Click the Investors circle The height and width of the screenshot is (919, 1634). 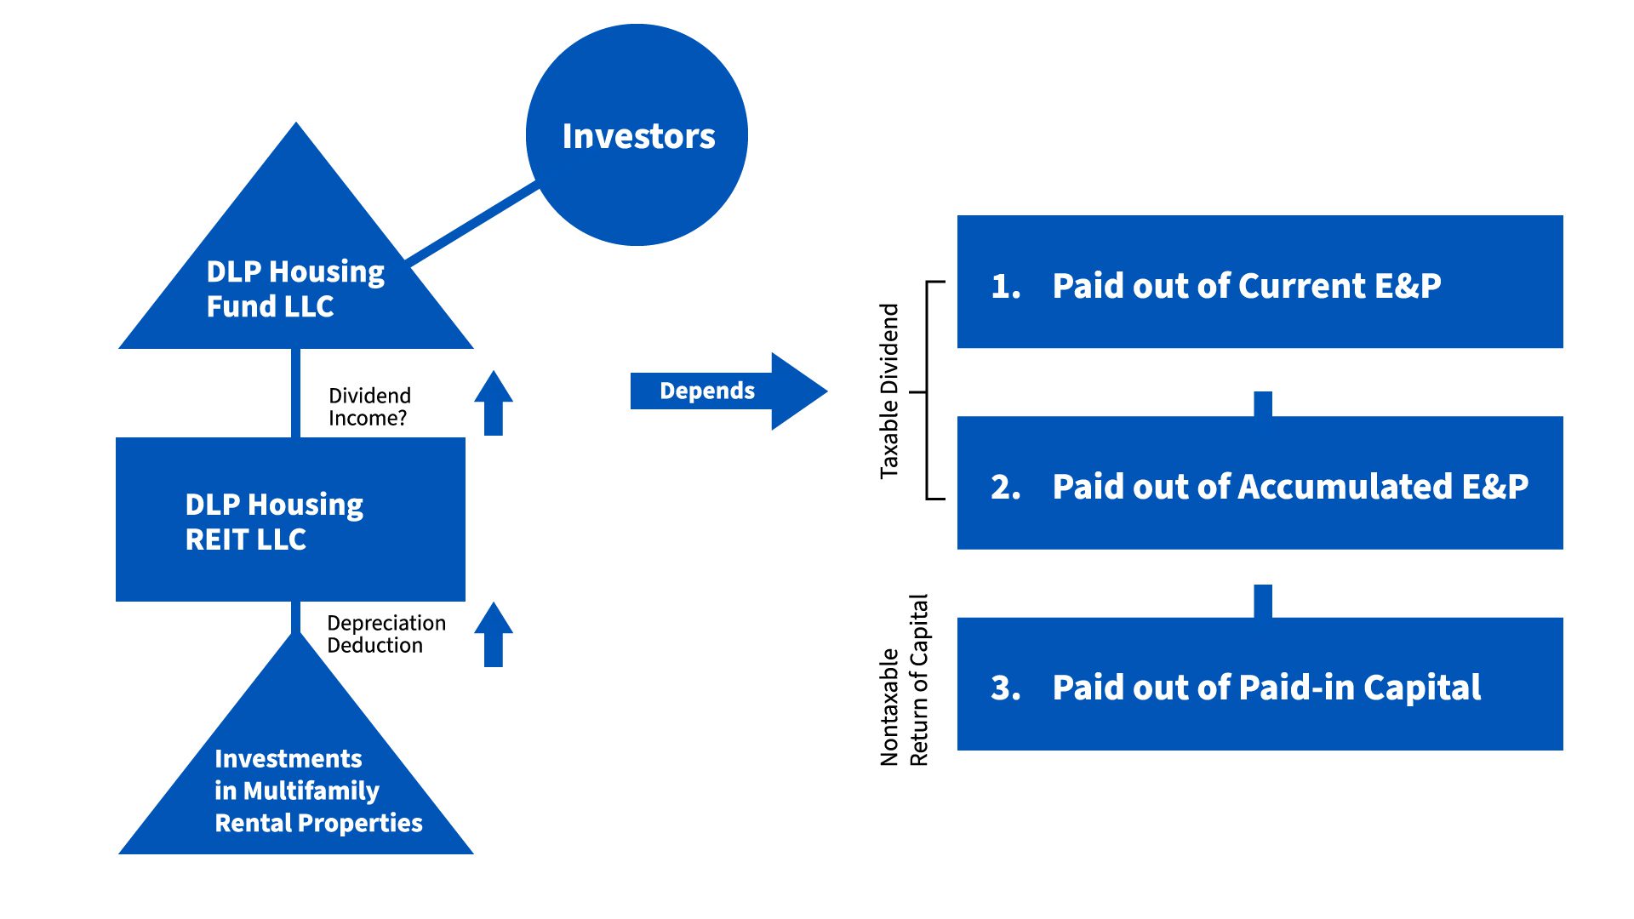[x=637, y=134]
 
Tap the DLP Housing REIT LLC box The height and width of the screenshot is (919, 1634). [x=290, y=519]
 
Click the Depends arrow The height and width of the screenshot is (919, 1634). [x=728, y=391]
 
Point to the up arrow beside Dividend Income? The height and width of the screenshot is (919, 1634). [x=494, y=403]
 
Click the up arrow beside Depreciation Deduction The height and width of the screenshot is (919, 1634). [x=494, y=635]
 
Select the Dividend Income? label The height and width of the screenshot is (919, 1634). [x=369, y=407]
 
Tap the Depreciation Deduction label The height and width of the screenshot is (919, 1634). [x=386, y=634]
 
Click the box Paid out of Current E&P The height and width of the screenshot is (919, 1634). [x=1260, y=282]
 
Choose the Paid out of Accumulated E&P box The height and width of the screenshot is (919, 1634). [x=1260, y=482]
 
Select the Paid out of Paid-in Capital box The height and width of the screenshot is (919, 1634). [x=1260, y=684]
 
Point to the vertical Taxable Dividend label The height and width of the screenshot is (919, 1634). [x=889, y=391]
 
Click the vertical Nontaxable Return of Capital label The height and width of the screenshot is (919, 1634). [x=904, y=680]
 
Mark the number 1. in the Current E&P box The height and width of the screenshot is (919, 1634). [x=1006, y=286]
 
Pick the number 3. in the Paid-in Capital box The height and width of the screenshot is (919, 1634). [x=1006, y=688]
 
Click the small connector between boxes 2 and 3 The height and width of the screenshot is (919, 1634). [x=1263, y=601]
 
